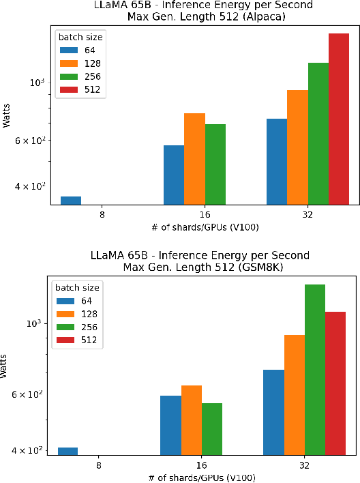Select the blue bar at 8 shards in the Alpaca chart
(71, 200)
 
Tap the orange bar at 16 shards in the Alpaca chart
(195, 158)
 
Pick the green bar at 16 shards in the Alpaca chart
(215, 164)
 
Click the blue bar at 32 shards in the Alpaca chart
(277, 161)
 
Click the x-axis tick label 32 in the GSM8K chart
(304, 465)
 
